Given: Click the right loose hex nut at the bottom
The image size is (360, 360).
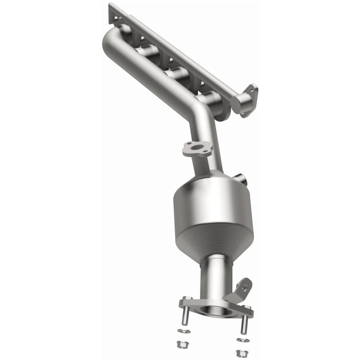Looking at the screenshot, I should tap(239, 350).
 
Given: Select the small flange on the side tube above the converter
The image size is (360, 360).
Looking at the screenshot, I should tap(197, 149).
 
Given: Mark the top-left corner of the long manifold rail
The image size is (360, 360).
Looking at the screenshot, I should tap(110, 5).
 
